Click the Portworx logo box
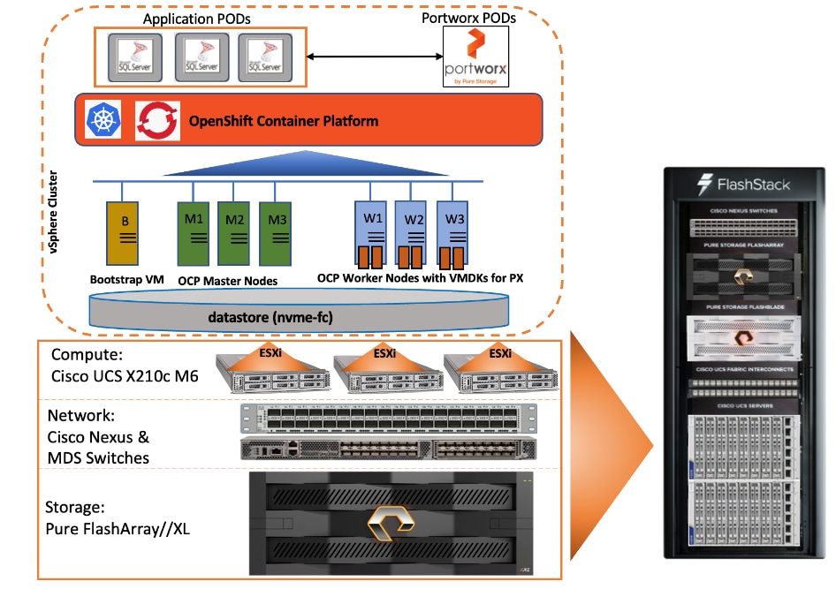click(x=475, y=57)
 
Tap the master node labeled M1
click(x=194, y=233)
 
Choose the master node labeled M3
click(x=275, y=233)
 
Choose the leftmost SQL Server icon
click(x=135, y=57)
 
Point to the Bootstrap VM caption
click(x=127, y=279)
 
